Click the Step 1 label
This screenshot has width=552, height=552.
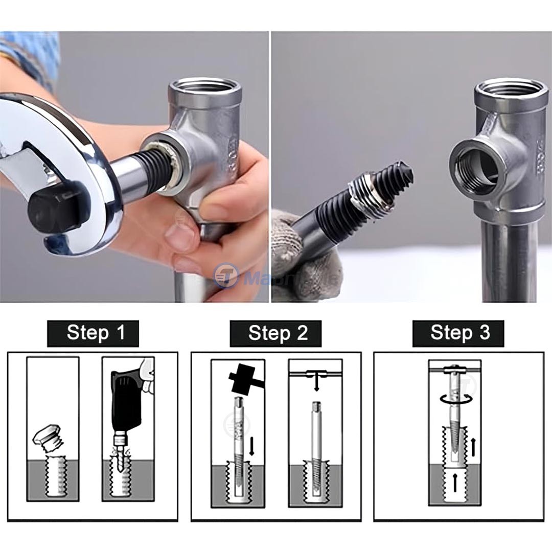[x=96, y=333]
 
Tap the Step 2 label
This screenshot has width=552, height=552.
[x=278, y=333]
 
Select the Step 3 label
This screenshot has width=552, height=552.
[x=460, y=333]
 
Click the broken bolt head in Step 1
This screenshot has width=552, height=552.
[x=48, y=438]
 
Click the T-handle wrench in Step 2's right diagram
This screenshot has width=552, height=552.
[x=316, y=376]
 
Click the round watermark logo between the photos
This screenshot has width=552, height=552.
[x=225, y=277]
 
